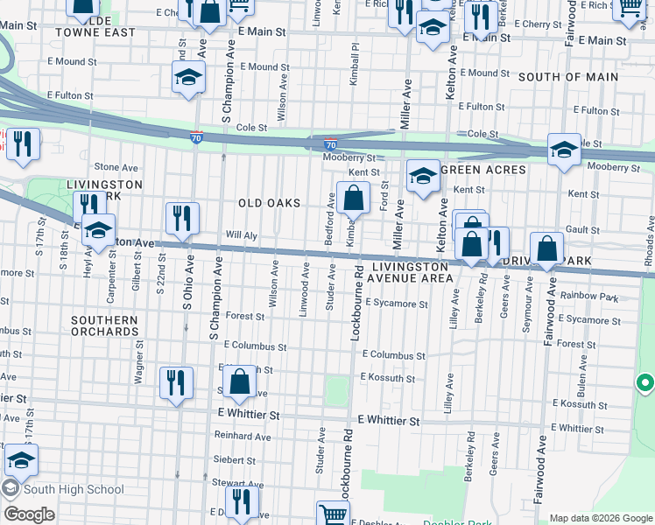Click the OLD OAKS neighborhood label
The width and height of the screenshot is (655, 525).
[269, 203]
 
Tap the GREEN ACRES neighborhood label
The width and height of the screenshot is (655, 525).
[482, 170]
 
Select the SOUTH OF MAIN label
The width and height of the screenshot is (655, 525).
[567, 77]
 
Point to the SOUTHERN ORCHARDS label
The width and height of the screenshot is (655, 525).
[105, 326]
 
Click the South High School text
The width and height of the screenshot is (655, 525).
[74, 489]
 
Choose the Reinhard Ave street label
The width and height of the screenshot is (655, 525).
[243, 436]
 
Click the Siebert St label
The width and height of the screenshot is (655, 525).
[233, 459]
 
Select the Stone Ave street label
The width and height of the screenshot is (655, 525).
[116, 167]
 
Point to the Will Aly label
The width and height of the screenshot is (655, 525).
[241, 235]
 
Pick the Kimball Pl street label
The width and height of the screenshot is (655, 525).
[355, 66]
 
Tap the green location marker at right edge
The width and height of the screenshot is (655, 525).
[645, 383]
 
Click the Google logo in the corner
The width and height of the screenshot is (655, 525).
[29, 514]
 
